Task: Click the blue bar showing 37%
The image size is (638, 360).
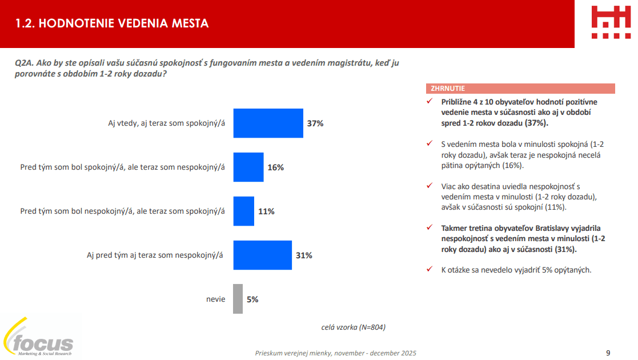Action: [268, 123]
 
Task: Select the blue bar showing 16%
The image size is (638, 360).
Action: [248, 167]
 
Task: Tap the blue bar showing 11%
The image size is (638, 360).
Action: [243, 211]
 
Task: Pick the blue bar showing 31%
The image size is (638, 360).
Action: [263, 255]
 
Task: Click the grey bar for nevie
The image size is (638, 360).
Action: [238, 299]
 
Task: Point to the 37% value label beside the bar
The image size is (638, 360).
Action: [315, 123]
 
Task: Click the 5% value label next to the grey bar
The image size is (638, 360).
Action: [252, 299]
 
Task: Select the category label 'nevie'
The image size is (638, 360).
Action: [215, 299]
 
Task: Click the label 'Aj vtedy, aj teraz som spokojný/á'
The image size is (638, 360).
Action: [166, 123]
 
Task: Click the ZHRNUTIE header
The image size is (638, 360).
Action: [448, 89]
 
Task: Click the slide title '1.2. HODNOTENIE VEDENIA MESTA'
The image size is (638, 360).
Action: [112, 23]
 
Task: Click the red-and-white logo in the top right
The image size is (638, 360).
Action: [610, 23]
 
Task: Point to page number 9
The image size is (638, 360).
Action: [608, 353]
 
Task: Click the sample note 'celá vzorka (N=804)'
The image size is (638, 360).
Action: [354, 327]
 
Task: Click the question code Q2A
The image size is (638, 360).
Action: [25, 63]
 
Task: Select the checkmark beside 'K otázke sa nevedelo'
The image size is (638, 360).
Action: [430, 270]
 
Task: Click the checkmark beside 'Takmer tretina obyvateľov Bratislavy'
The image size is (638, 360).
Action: [430, 227]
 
